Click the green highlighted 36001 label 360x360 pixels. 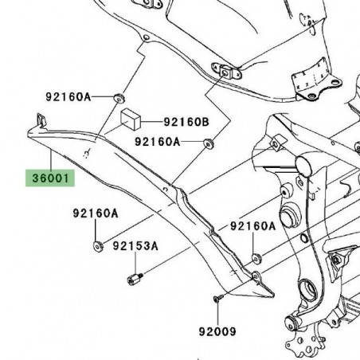[x=51, y=176]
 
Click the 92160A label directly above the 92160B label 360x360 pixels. [x=89, y=97]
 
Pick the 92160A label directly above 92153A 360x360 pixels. [x=95, y=213]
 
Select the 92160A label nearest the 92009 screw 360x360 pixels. [x=252, y=227]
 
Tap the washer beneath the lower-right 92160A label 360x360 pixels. [x=256, y=258]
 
